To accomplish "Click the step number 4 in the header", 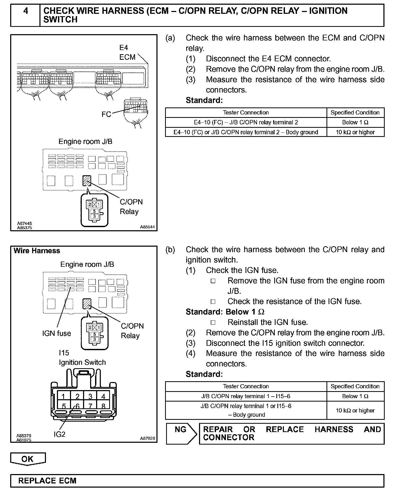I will (x=25, y=11).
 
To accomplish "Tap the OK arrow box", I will (x=28, y=459).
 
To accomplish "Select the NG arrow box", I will (x=181, y=433).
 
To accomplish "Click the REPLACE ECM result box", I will (x=197, y=481).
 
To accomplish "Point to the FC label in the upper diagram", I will (x=106, y=114).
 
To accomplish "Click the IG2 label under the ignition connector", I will (x=59, y=434).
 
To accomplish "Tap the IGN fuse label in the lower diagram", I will (x=57, y=333).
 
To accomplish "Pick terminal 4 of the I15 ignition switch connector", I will (x=103, y=396).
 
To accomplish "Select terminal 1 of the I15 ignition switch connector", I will (x=63, y=396).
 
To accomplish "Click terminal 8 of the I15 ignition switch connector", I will (x=103, y=406).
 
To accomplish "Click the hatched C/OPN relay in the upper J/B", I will (x=87, y=180).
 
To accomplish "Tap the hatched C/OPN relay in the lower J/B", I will (x=87, y=304).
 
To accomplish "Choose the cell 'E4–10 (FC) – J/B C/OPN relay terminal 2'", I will (x=246, y=122).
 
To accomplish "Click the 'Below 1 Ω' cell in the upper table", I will (x=355, y=122).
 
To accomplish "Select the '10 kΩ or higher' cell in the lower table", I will (x=355, y=410).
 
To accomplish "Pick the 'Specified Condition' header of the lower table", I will (x=355, y=386).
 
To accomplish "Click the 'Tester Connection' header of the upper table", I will (x=246, y=113).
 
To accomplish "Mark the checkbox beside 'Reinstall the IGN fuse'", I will (x=213, y=323).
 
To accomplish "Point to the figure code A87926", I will (x=147, y=438).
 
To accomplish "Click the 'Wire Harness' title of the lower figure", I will (x=37, y=251).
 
